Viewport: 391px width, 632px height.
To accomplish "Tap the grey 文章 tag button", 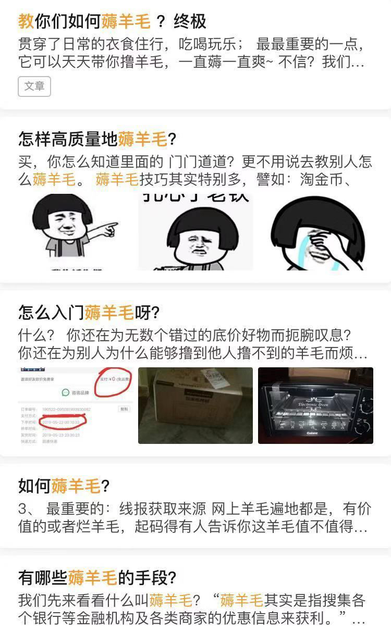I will click(34, 86).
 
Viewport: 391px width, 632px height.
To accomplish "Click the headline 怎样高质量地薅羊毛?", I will click(97, 139).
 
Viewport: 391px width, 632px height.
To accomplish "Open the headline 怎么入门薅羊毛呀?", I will click(89, 313).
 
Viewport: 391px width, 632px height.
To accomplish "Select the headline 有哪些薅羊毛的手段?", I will click(97, 577).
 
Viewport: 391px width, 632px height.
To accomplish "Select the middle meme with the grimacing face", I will click(195, 232).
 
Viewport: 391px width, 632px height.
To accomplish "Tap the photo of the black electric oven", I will click(315, 405).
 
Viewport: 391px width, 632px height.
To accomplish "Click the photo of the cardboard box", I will click(195, 405).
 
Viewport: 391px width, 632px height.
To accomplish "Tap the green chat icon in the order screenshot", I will click(66, 393).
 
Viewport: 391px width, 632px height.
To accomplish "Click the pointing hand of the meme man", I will click(107, 228).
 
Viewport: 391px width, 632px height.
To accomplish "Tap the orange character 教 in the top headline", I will click(26, 22).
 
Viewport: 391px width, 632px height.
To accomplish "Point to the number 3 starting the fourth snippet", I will click(22, 509).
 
